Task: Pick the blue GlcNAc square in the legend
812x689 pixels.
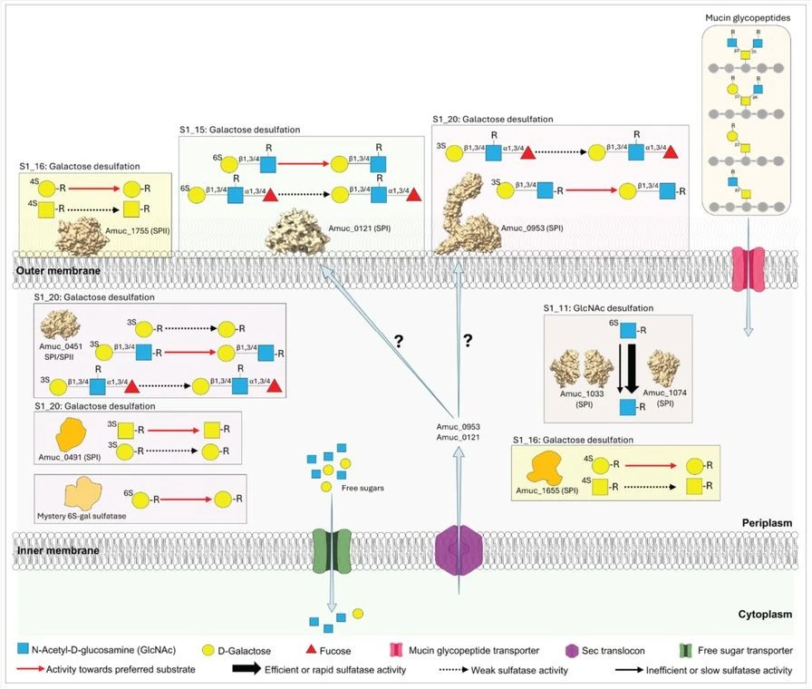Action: tap(24, 650)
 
